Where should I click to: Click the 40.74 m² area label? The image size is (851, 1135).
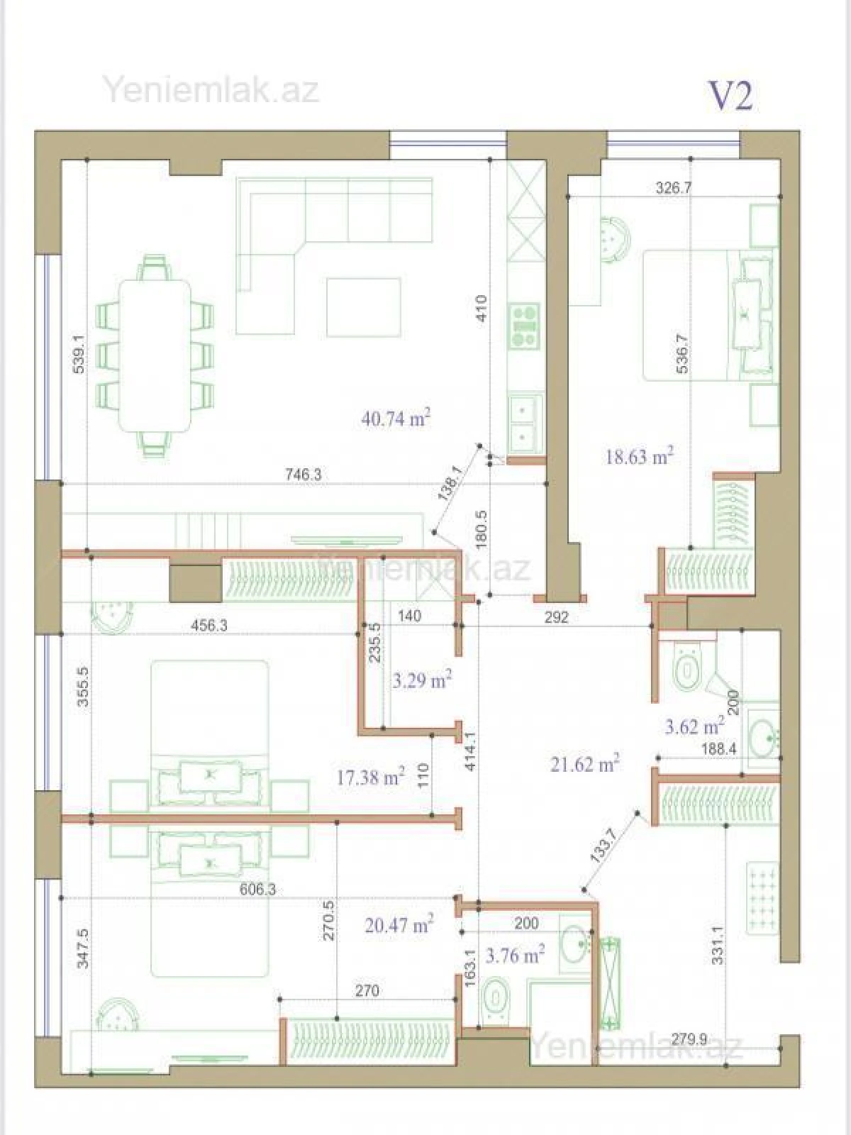pos(396,418)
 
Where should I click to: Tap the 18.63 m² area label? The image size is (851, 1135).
pos(639,456)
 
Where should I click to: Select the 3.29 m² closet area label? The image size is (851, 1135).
pos(422,680)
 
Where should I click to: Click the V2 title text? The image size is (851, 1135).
pos(730,96)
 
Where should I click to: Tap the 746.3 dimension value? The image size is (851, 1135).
pos(303,475)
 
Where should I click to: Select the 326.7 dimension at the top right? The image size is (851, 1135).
pos(674,188)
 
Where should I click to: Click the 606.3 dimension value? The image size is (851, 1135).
pos(257,890)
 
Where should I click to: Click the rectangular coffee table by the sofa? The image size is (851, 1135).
pos(363,307)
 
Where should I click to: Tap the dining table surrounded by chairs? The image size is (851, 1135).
pos(155,355)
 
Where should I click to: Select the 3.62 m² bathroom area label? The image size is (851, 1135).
pos(694,726)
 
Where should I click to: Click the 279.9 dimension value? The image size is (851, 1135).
pos(689,1039)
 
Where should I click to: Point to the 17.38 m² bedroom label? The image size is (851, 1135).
pos(370,777)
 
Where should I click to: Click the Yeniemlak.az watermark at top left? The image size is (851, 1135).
pos(211,90)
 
